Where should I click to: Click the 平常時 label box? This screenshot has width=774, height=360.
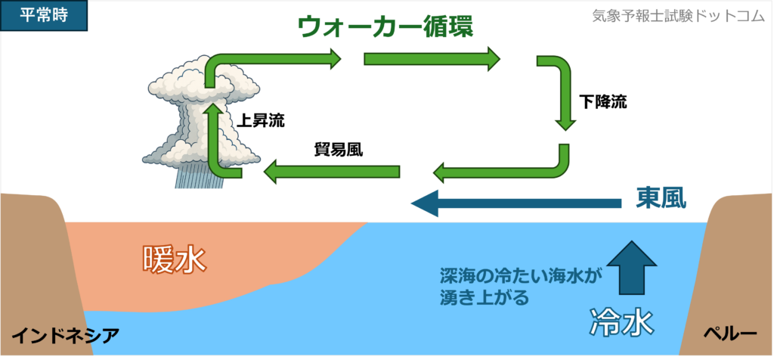tap(45, 15)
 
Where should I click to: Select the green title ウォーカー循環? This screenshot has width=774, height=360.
tap(385, 28)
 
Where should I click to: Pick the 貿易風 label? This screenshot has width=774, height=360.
tap(339, 149)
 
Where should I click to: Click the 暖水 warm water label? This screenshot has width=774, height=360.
tap(175, 259)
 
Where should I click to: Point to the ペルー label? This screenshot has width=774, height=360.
tap(729, 334)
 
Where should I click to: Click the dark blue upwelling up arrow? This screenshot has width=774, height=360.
tap(633, 267)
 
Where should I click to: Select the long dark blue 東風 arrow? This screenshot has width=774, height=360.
tap(514, 203)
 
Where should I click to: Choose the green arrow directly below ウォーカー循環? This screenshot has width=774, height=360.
tap(432, 58)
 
